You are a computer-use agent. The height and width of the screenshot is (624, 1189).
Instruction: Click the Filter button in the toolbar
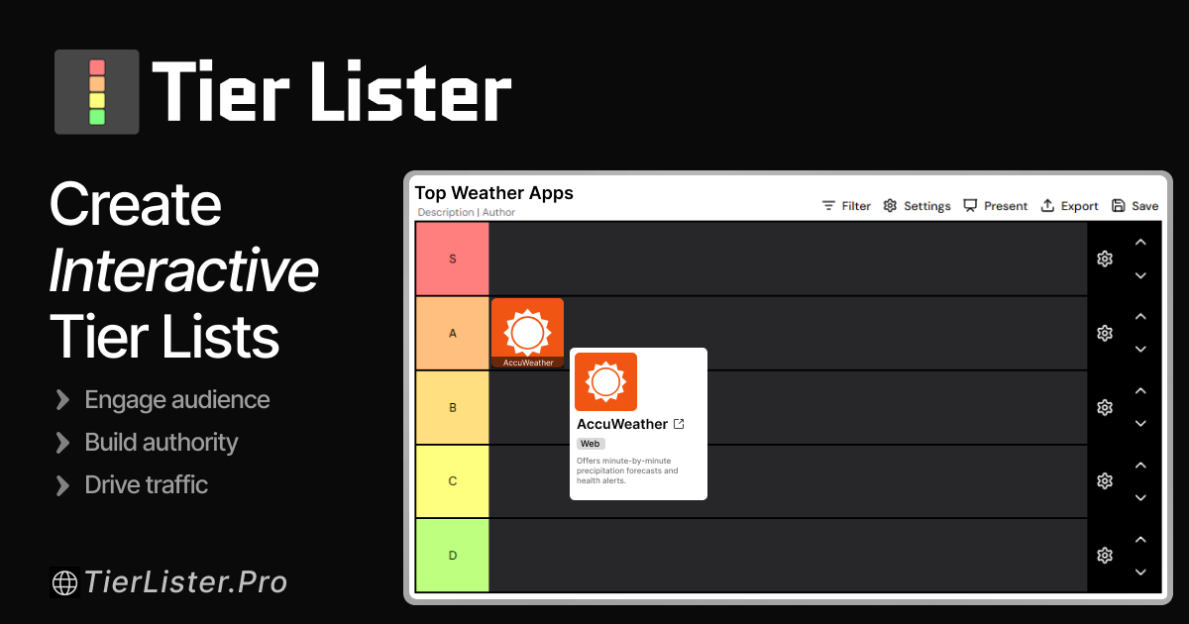pyautogui.click(x=845, y=206)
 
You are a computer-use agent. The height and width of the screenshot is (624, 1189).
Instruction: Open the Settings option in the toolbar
pyautogui.click(x=917, y=206)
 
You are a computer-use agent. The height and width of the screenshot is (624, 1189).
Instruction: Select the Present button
pyautogui.click(x=995, y=206)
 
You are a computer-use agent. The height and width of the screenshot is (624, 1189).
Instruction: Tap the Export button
pyautogui.click(x=1069, y=206)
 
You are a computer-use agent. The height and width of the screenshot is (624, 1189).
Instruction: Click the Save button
pyautogui.click(x=1135, y=206)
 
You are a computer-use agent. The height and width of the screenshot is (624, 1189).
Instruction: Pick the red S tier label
pyautogui.click(x=453, y=259)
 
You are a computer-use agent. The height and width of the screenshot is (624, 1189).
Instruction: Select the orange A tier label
pyautogui.click(x=453, y=333)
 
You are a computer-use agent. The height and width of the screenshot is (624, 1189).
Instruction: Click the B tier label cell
pyautogui.click(x=453, y=407)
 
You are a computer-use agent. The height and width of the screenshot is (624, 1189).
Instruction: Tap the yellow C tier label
pyautogui.click(x=453, y=481)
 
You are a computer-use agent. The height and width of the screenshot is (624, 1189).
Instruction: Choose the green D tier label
pyautogui.click(x=453, y=556)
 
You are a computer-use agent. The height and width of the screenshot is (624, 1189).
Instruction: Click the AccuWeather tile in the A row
pyautogui.click(x=527, y=333)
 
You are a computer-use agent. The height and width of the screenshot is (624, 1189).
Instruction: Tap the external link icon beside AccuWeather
pyautogui.click(x=679, y=424)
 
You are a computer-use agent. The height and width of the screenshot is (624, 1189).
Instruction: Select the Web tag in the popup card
pyautogui.click(x=591, y=444)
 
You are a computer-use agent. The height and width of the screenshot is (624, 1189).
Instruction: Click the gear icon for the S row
pyautogui.click(x=1105, y=259)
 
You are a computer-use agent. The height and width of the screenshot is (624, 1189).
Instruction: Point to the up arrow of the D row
pyautogui.click(x=1140, y=540)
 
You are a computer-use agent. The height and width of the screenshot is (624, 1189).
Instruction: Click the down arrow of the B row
pyautogui.click(x=1140, y=424)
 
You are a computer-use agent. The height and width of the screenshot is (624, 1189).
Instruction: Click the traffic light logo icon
pyautogui.click(x=97, y=91)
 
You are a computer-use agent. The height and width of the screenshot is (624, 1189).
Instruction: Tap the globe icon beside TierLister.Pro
pyautogui.click(x=64, y=582)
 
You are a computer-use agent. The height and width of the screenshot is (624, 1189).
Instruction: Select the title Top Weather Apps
pyautogui.click(x=493, y=193)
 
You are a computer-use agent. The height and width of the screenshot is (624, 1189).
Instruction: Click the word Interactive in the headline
pyautogui.click(x=184, y=270)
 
